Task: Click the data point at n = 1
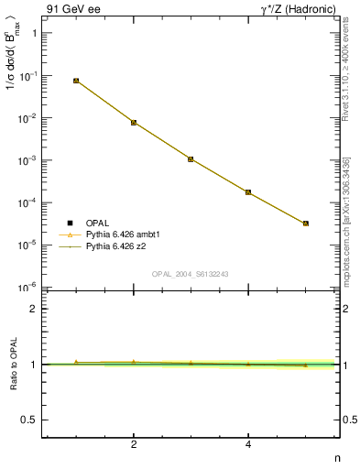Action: click(x=76, y=81)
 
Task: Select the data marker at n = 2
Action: click(x=134, y=122)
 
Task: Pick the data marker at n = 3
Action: click(x=191, y=158)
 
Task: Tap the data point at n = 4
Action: click(x=248, y=192)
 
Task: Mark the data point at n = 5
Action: click(x=306, y=223)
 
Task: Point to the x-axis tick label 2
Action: click(x=134, y=445)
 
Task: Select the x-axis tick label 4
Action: click(x=248, y=445)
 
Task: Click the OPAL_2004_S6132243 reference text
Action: click(x=191, y=273)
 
